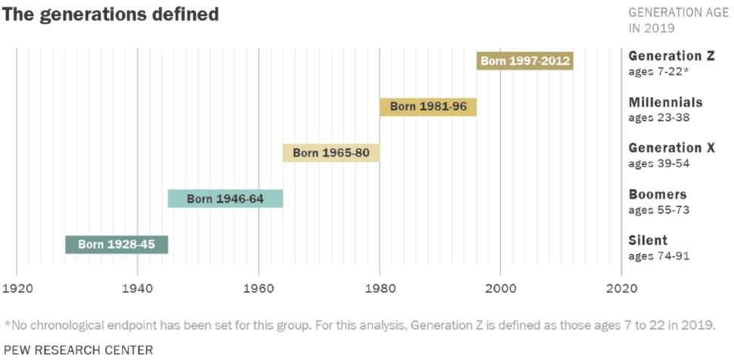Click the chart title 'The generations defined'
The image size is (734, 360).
111,14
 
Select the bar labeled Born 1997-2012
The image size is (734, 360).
525,61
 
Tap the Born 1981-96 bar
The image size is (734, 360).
428,107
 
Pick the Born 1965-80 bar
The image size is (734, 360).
331,153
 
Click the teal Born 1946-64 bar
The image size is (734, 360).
225,198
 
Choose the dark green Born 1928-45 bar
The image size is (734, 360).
117,244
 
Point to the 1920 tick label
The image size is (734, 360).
16,288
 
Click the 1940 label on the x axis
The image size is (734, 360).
137,288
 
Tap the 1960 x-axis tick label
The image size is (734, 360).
258,288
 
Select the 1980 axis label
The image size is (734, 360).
379,288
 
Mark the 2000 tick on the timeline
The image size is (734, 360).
500,288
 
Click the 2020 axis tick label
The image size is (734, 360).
621,288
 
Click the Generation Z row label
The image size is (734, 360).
670,56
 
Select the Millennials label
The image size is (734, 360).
666,102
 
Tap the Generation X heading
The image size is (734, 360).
672,148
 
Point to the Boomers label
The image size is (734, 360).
657,194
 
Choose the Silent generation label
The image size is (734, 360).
648,241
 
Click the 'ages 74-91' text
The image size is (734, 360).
659,256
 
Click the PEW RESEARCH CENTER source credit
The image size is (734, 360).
78,349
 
